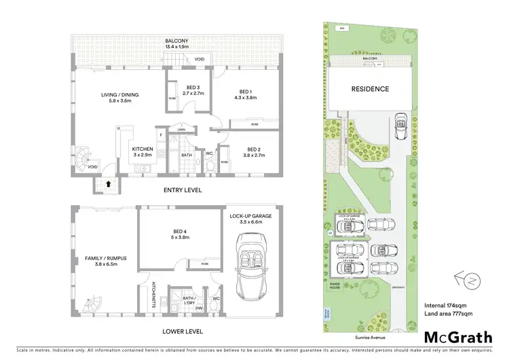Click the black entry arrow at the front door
(x=109, y=183)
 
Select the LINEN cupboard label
(x=181, y=129)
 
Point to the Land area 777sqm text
(x=448, y=313)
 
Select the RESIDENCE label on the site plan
(x=370, y=89)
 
